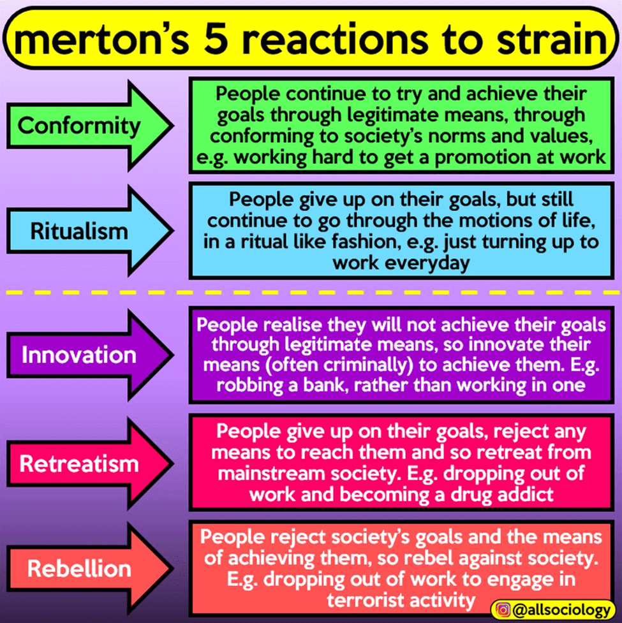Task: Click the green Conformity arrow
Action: (80, 126)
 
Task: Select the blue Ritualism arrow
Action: (80, 230)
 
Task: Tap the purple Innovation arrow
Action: (80, 355)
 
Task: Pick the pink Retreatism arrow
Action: (80, 463)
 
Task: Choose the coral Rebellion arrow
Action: (80, 568)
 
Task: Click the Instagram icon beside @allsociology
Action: (503, 610)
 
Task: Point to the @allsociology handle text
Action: (559, 610)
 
